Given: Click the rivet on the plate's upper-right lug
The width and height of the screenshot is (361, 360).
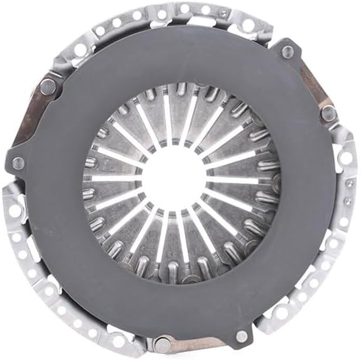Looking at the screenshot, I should (287, 51).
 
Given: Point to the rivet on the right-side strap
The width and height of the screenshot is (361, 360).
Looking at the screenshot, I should (327, 112).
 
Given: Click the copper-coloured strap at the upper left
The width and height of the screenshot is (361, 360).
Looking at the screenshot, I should (33, 112).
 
